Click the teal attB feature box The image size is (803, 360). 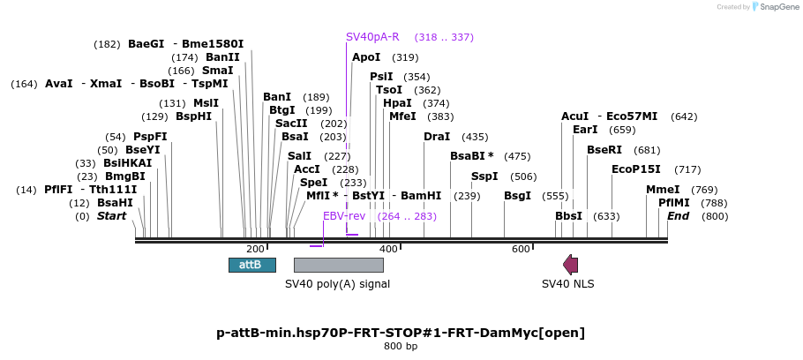pos(251,265)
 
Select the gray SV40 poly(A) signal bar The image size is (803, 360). pos(338,265)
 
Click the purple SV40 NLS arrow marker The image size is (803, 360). pos(571,264)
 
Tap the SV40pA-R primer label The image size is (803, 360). pos(372,37)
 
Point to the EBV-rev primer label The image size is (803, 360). pos(344,216)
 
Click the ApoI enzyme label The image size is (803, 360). pos(366,57)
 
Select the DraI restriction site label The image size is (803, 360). pos(437,137)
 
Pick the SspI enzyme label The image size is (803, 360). pos(484,176)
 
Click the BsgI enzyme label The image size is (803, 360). pos(518,196)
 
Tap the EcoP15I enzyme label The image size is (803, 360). pos(635,169)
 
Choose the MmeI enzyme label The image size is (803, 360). pos(663,190)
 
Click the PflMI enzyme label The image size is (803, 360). pos(674,203)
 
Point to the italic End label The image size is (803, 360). pos(678,216)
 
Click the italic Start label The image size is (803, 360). pos(112,216)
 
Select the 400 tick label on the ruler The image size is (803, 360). pos(388,250)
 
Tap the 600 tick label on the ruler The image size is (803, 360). pos(521,250)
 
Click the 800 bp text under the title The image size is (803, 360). pos(401,346)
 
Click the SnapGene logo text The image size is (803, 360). pos(777,7)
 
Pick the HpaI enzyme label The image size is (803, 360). pos(397,103)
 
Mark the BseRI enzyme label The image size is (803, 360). pos(604,150)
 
